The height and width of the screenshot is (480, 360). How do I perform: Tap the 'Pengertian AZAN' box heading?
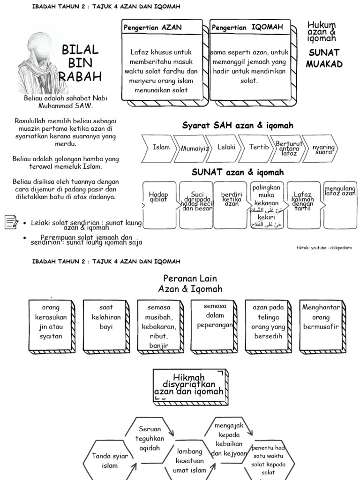(152, 28)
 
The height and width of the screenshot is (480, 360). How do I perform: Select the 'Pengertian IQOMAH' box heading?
(247, 28)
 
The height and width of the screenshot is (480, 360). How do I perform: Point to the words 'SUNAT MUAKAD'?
(324, 58)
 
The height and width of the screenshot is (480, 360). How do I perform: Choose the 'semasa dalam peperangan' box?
(214, 322)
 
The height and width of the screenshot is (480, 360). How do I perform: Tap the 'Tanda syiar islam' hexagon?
(105, 460)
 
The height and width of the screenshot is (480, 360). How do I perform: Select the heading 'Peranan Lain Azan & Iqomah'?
(190, 284)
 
